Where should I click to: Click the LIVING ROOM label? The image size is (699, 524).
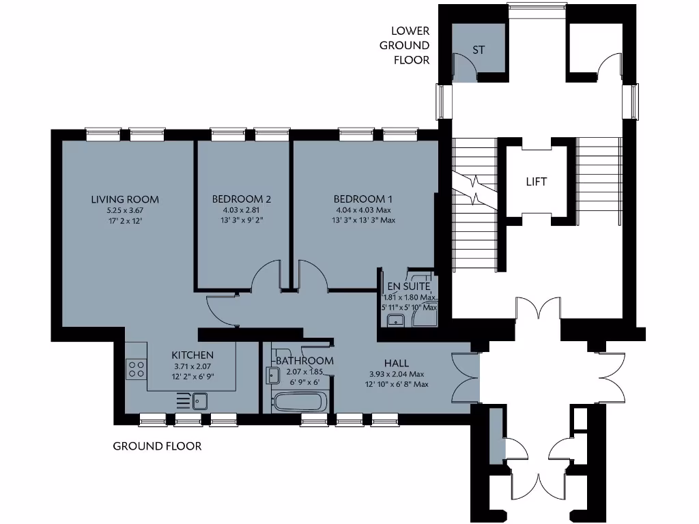click(x=125, y=199)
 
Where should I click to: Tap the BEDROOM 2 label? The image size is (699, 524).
click(x=242, y=199)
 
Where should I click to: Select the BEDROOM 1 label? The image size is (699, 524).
click(x=364, y=199)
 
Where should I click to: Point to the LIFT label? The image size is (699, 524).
click(x=536, y=182)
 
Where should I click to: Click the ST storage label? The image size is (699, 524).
click(x=479, y=50)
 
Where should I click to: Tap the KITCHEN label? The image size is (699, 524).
click(x=192, y=355)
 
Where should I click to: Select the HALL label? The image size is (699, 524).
click(x=397, y=364)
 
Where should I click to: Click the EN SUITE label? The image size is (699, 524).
click(x=409, y=287)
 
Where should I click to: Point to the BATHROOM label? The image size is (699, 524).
click(x=305, y=361)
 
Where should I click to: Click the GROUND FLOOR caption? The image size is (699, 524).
click(x=157, y=446)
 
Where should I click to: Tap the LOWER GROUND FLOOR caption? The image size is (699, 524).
click(x=410, y=45)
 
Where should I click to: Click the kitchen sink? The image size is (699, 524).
click(x=199, y=400)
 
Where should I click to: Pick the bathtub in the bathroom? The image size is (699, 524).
click(x=300, y=401)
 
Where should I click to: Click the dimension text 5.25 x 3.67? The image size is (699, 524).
click(x=125, y=211)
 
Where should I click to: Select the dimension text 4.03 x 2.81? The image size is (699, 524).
click(x=242, y=211)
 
